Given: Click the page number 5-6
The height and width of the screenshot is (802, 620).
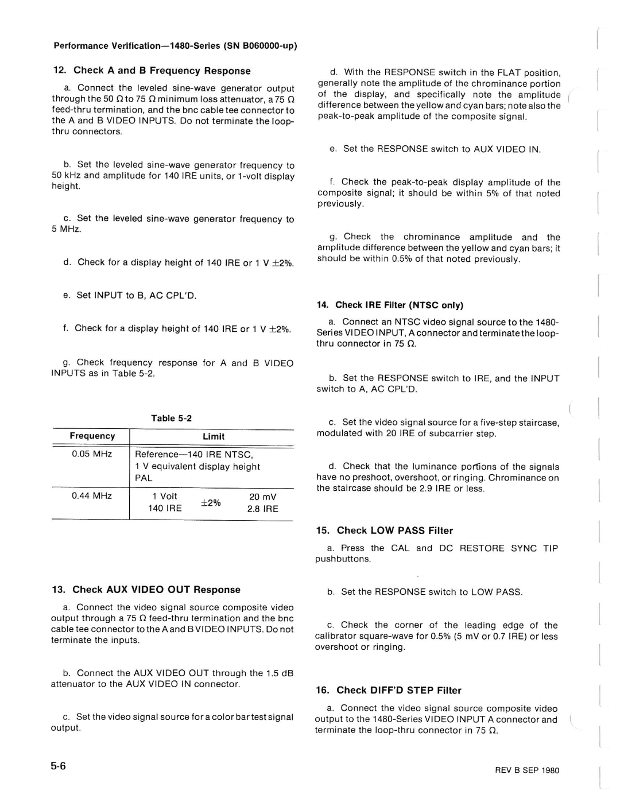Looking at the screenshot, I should (x=59, y=766).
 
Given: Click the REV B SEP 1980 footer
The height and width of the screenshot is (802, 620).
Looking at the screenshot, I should (x=527, y=770).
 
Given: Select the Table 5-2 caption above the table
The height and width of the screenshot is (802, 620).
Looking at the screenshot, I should (x=171, y=418).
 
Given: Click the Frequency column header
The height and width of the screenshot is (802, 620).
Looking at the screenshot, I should (x=92, y=436).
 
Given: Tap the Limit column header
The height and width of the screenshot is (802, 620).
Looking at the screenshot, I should (x=213, y=436).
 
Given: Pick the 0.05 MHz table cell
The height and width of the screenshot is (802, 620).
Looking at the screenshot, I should (x=92, y=454).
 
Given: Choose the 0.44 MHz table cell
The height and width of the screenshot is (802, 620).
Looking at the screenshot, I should (x=92, y=495).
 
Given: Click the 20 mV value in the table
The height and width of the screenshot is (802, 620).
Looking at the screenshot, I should (x=262, y=497).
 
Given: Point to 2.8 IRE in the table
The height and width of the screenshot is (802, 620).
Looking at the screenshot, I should (x=262, y=509).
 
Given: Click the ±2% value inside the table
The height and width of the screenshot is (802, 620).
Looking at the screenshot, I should (x=211, y=502).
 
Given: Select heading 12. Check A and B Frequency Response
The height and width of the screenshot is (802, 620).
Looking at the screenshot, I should (x=152, y=71).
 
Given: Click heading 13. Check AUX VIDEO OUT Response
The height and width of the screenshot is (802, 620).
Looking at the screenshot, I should (x=146, y=590).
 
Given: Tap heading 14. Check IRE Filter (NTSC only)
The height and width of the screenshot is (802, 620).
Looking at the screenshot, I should (x=390, y=305).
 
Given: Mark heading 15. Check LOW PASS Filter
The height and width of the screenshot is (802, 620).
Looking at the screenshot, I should (x=384, y=530).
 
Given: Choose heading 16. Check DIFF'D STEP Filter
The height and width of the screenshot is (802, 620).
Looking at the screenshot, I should (x=389, y=690).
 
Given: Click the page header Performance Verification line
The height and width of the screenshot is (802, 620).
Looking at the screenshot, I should (x=175, y=46).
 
